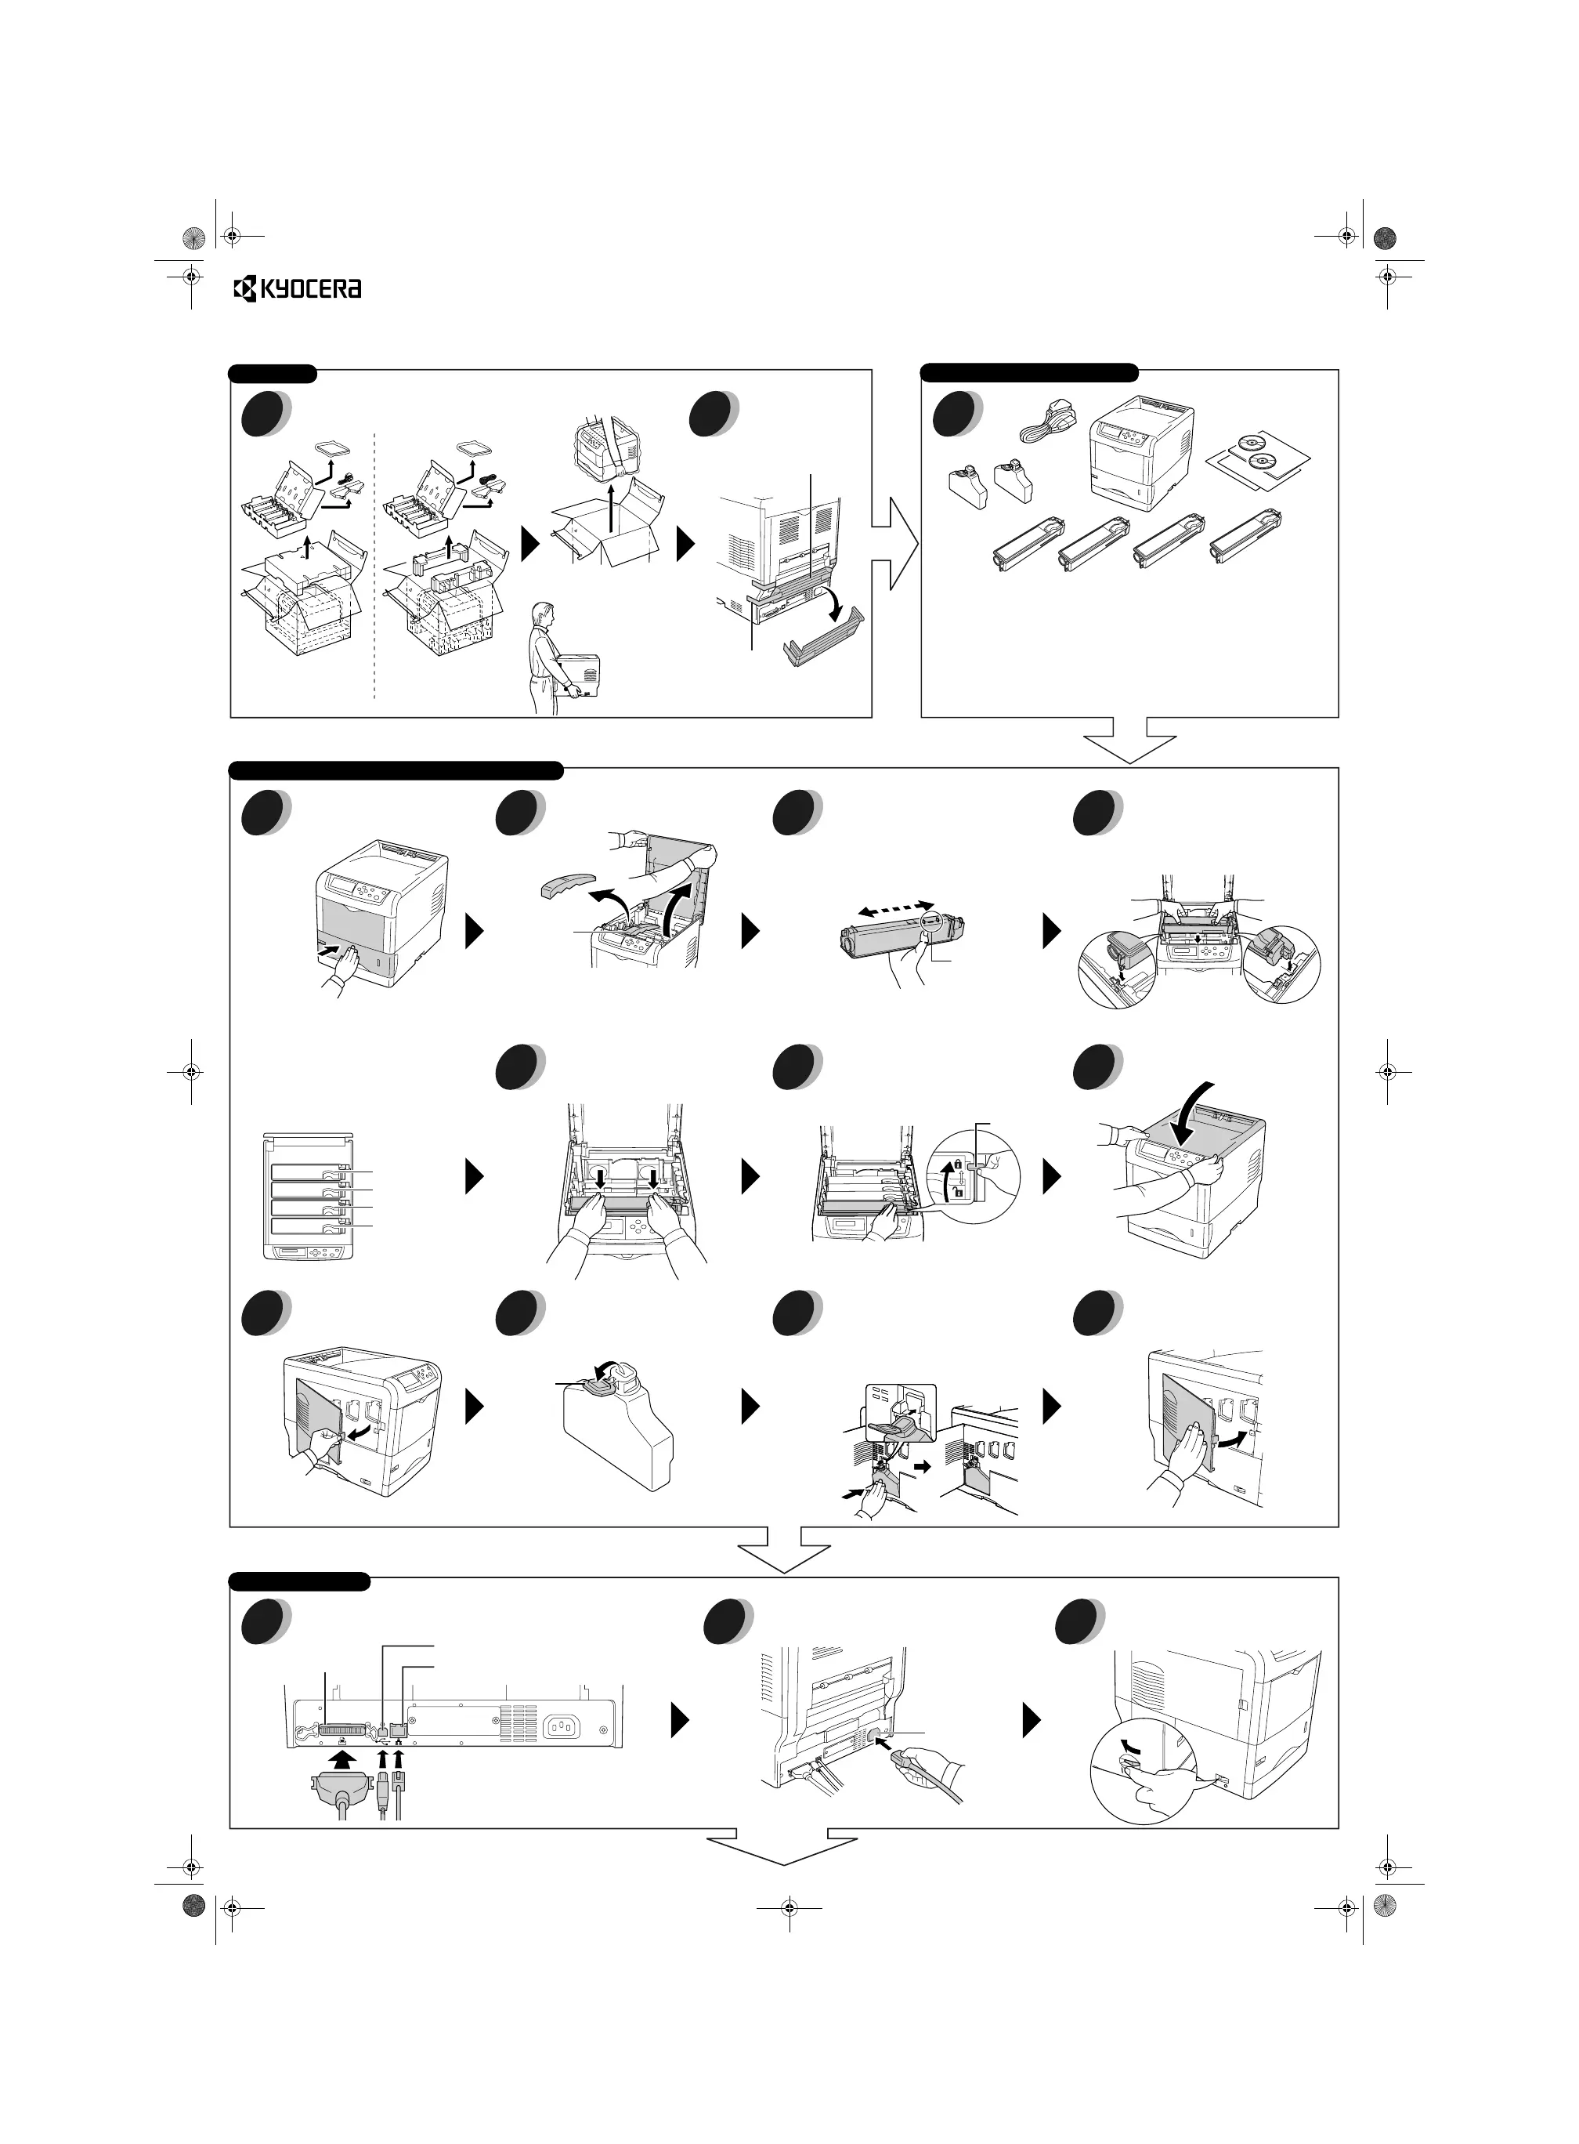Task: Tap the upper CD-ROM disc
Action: coord(1256,443)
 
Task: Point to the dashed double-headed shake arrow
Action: coord(895,907)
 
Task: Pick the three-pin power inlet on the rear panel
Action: coord(564,1727)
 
